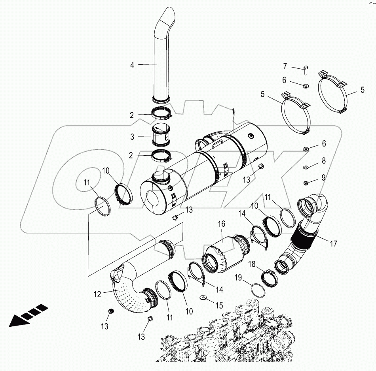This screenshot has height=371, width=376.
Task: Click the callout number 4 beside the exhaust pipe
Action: coord(132,65)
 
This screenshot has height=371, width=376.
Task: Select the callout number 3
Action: coord(132,137)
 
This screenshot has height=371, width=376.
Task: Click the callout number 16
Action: coord(221,224)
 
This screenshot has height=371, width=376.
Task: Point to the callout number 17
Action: coord(333,244)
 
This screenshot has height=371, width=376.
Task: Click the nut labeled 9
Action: coord(306,183)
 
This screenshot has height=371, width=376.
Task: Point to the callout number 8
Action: coord(323,161)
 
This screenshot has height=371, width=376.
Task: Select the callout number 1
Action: coord(233,111)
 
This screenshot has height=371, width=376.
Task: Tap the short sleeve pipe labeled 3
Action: coord(161,137)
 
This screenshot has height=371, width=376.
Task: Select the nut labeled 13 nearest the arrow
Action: coord(111,312)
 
